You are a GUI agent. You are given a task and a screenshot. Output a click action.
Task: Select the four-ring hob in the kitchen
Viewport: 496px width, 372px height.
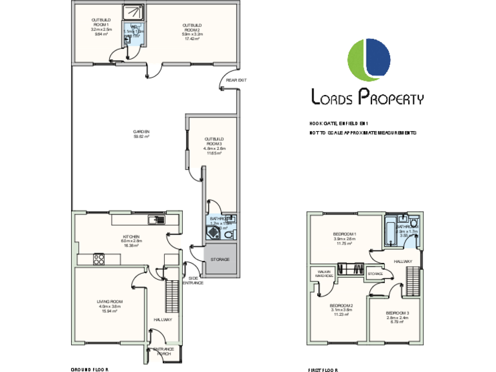click(x=99, y=259)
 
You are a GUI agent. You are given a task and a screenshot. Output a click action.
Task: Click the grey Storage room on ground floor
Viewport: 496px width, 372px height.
click(x=220, y=259)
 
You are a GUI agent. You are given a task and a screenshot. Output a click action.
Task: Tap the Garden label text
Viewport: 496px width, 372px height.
click(x=141, y=133)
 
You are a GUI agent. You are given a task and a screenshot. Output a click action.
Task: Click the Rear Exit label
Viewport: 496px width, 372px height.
click(x=236, y=80)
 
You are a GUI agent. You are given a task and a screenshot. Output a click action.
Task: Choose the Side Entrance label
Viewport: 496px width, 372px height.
click(x=194, y=280)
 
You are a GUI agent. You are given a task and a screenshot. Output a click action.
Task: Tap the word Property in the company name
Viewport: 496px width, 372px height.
click(x=391, y=98)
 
